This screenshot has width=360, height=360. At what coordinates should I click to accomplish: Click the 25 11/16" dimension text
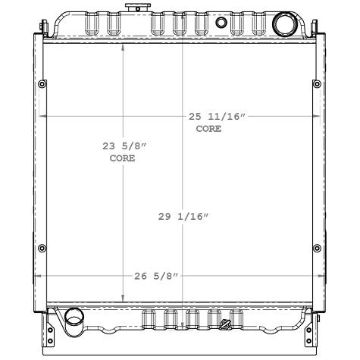218,117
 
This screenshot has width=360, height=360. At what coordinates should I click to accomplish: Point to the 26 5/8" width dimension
156,275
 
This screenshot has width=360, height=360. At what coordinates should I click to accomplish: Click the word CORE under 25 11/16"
208,129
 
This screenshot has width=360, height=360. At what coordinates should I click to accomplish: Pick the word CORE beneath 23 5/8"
122,159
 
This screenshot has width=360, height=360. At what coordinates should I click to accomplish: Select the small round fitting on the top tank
221,22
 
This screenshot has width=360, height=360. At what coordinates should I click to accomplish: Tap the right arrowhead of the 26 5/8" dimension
319,275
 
